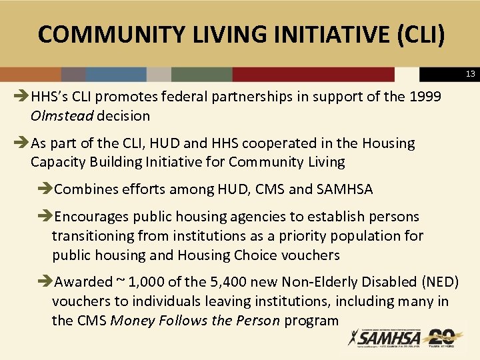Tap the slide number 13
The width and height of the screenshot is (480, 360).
pos(469,74)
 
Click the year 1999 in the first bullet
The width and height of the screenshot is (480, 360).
pos(424,97)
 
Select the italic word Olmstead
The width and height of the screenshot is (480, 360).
pos(62,116)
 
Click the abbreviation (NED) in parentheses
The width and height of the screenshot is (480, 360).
pos(437,282)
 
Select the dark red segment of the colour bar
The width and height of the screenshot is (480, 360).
pos(313,74)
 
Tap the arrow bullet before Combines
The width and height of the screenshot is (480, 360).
pos(45,189)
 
